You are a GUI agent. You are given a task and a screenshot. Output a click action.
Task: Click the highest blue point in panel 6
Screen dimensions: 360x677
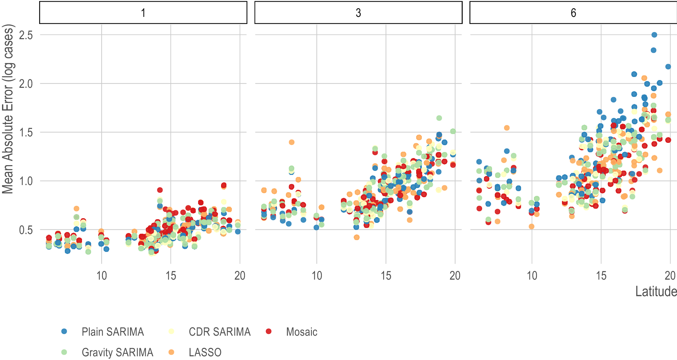tap(654, 35)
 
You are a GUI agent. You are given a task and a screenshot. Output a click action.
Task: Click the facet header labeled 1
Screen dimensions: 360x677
tap(143, 13)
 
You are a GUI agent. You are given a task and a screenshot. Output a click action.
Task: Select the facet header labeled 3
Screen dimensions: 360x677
tap(358, 13)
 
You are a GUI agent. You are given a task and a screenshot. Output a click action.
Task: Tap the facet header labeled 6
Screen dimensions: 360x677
tap(573, 13)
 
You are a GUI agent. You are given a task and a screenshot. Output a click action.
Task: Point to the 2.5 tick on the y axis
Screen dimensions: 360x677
tap(26, 35)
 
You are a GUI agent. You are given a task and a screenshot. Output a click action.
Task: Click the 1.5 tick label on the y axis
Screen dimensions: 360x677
tap(26, 132)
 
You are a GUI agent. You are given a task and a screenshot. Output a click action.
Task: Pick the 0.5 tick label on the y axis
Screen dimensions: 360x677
tap(26, 230)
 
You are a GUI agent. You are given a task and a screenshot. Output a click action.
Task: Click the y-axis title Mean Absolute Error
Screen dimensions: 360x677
tap(8, 109)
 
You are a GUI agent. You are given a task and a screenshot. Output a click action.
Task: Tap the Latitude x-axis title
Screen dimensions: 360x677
tap(656, 291)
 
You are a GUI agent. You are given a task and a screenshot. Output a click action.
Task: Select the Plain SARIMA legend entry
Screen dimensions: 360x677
tap(112, 332)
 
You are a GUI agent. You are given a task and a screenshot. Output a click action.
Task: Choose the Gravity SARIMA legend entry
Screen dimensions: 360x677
tap(117, 352)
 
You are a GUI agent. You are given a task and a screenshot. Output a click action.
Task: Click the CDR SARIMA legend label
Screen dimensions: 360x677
tap(219, 332)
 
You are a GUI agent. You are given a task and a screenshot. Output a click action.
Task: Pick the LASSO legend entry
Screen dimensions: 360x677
tap(205, 352)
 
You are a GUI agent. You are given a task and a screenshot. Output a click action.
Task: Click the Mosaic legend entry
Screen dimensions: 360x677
tap(301, 332)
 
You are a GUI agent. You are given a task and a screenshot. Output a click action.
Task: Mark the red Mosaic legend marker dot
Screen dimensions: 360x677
tap(269, 331)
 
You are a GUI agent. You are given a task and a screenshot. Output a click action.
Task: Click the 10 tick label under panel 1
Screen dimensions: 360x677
tap(102, 276)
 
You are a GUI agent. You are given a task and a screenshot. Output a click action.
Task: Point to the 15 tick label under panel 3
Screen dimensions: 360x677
tap(386, 276)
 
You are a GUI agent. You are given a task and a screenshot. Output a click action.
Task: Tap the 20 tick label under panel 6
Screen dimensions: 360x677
tap(670, 276)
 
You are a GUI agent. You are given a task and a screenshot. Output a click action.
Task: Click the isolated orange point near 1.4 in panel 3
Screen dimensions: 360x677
tap(292, 142)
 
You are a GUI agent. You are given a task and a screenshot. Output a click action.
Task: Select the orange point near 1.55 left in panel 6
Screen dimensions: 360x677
tap(507, 128)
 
